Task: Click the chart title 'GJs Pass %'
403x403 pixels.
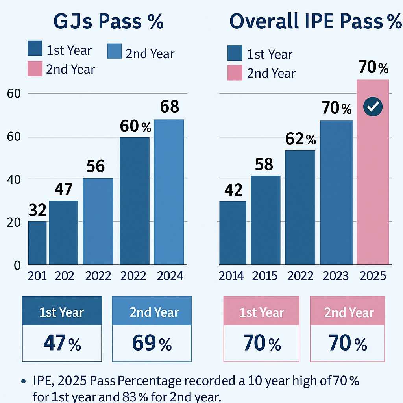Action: click(x=108, y=22)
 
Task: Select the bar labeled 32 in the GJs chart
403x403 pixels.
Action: click(x=37, y=242)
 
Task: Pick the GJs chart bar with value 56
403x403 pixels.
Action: click(x=98, y=221)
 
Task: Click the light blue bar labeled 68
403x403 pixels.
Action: click(x=169, y=192)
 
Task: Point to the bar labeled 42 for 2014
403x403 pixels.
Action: click(x=233, y=233)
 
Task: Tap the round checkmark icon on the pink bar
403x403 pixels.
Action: click(x=372, y=107)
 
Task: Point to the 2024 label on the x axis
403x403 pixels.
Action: click(x=170, y=276)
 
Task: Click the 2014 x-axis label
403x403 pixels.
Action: click(x=231, y=276)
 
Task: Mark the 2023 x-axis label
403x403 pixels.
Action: click(x=336, y=276)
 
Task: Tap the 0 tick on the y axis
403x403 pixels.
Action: click(x=17, y=265)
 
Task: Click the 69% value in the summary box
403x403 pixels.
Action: click(x=152, y=343)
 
